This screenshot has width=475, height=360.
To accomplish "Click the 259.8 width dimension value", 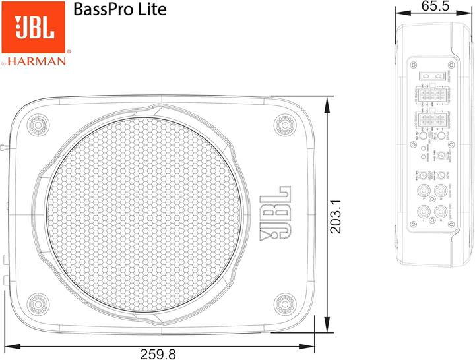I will click(158, 353).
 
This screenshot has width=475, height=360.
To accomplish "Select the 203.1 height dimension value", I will click(336, 215).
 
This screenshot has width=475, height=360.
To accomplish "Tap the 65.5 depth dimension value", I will click(435, 6).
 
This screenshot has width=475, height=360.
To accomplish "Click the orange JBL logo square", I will click(33, 26).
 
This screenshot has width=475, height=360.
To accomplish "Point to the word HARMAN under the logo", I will click(41, 61).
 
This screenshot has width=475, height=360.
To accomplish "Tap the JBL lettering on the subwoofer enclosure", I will click(278, 215).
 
